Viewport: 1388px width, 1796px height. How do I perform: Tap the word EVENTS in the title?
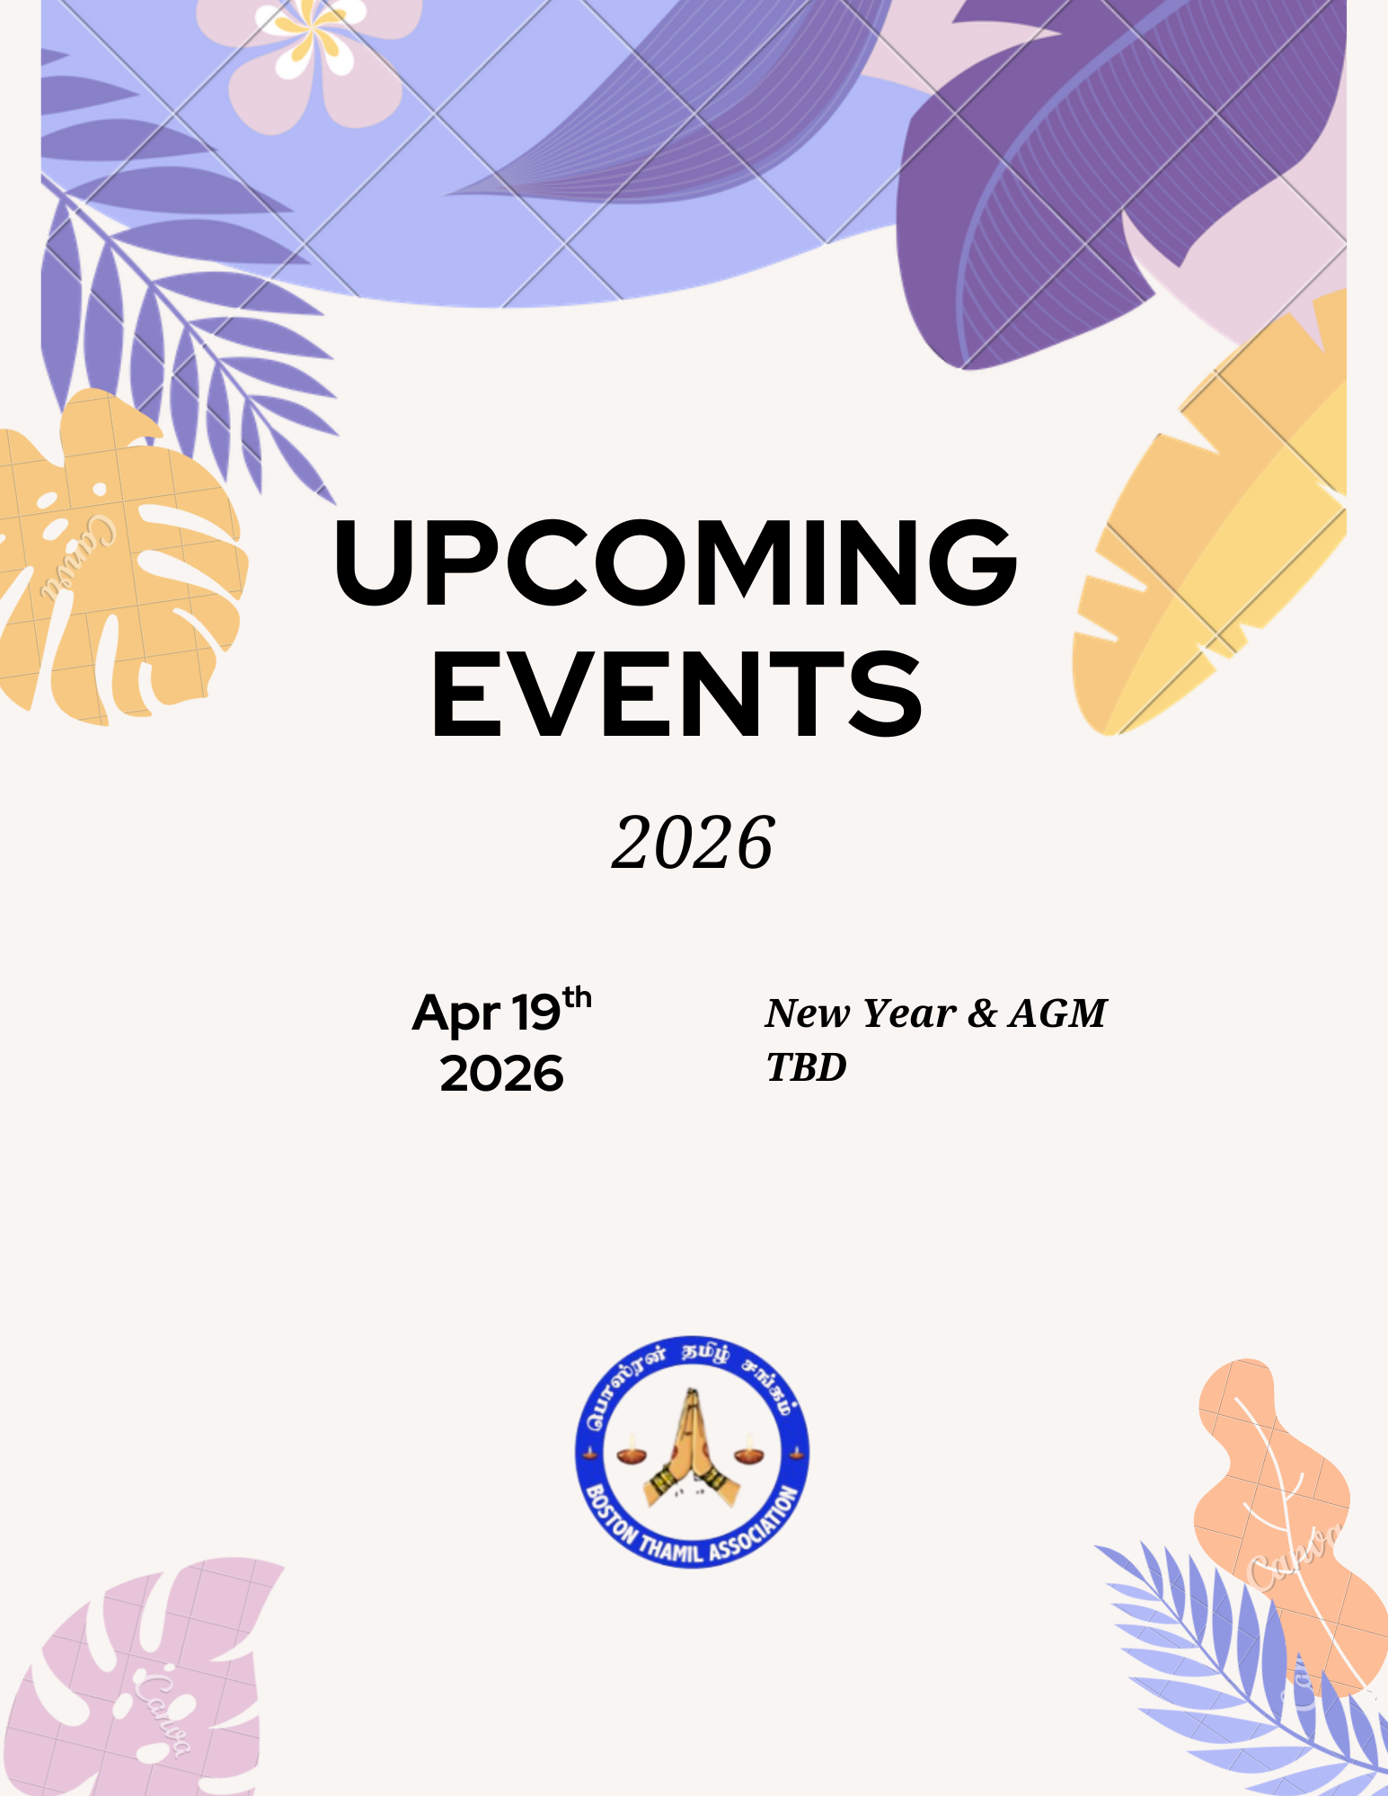coord(677,694)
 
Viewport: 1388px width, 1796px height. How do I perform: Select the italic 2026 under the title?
coord(693,843)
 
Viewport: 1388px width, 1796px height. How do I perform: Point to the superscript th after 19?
coord(577,997)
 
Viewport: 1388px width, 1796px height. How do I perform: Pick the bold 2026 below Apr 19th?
coord(501,1074)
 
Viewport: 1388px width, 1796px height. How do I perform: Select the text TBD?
coord(807,1066)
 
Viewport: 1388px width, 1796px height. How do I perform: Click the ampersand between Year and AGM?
coord(983,1013)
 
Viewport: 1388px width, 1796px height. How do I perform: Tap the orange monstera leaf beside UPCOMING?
coord(112,557)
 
